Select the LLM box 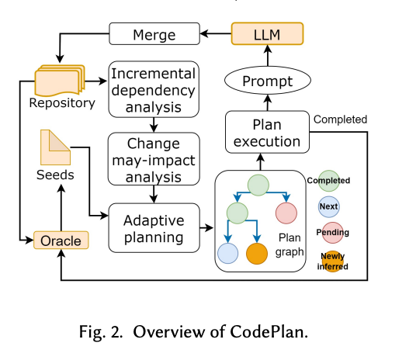[x=267, y=34]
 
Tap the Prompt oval [x=267, y=81]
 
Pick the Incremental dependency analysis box [x=153, y=87]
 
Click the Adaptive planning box [x=153, y=227]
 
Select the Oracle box [x=61, y=241]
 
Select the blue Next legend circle [x=328, y=207]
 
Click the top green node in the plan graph [x=258, y=185]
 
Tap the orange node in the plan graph [x=259, y=254]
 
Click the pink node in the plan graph [x=286, y=212]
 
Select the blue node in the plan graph [x=229, y=254]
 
